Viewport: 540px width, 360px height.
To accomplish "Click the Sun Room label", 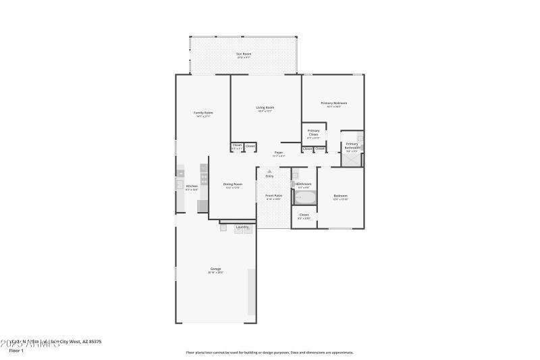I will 243,55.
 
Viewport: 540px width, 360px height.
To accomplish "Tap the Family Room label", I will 203,113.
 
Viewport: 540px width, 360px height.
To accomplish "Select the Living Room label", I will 265,109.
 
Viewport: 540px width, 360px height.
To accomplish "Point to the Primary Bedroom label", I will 333,103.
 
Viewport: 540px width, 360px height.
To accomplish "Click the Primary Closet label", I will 313,133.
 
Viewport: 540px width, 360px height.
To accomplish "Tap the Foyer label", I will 278,153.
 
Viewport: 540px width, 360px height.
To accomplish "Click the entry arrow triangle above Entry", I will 269,172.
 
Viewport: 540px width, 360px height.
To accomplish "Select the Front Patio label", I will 274,197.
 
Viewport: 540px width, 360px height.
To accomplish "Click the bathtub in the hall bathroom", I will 304,198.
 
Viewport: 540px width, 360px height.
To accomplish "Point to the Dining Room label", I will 232,185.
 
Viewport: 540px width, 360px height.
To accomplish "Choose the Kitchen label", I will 192,187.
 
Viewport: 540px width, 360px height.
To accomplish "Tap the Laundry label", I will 242,227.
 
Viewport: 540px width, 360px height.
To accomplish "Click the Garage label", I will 215,270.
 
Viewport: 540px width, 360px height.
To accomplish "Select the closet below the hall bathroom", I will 304,216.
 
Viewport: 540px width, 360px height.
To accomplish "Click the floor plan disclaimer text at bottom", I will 269,352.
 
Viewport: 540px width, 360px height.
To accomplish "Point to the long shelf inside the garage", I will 251,292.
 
